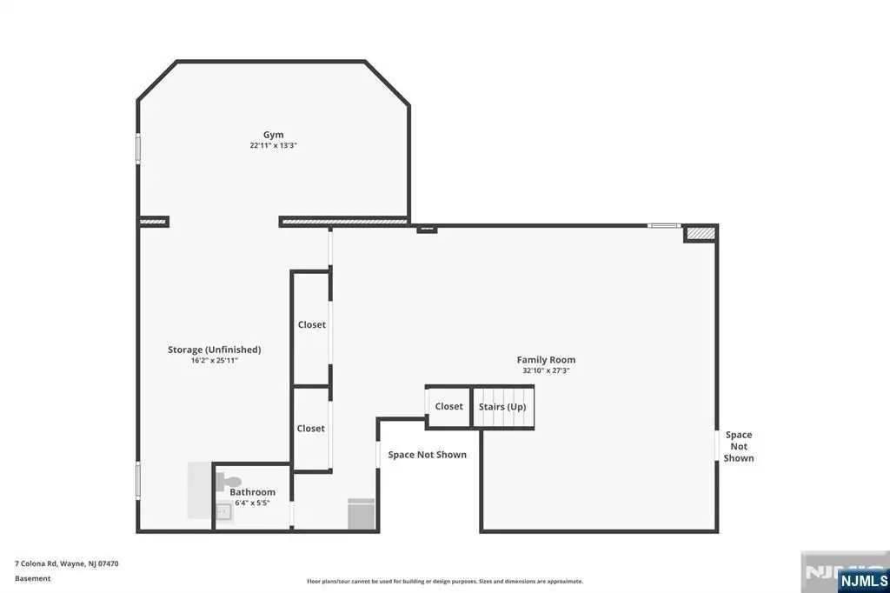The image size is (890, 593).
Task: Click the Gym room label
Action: click(x=273, y=135)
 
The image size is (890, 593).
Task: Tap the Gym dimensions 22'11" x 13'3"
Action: click(x=273, y=145)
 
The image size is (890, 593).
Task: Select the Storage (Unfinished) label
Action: click(x=214, y=350)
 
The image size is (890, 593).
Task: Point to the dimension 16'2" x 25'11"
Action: click(x=214, y=360)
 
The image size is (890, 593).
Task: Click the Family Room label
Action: click(x=546, y=360)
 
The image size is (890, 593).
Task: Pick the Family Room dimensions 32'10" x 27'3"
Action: click(x=546, y=370)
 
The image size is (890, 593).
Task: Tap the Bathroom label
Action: click(x=252, y=492)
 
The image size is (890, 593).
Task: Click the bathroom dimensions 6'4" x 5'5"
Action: click(x=252, y=503)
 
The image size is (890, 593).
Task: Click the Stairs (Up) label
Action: click(x=502, y=407)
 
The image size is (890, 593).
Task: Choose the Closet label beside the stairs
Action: click(x=449, y=406)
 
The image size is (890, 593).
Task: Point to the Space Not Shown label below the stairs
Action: click(x=428, y=455)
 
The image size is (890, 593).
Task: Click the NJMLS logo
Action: click(x=863, y=581)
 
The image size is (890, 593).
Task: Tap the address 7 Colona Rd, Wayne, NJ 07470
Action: click(x=66, y=564)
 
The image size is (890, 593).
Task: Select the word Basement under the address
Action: click(x=33, y=578)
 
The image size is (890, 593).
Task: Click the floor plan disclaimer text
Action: click(x=445, y=581)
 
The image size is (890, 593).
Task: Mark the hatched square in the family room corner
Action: click(x=701, y=233)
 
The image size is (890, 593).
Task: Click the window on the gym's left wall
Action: click(x=138, y=149)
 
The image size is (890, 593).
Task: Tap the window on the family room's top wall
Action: click(x=664, y=225)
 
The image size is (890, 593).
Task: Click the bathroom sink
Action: click(x=222, y=512)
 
